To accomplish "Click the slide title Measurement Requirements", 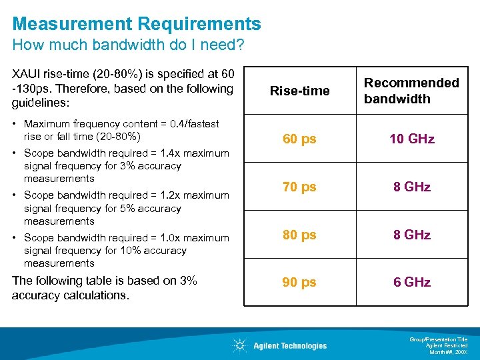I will [137, 24].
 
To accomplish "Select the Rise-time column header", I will [299, 91].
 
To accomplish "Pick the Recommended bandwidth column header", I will [411, 91].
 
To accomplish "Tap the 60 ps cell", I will [299, 139].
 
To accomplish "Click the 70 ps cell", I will [299, 187].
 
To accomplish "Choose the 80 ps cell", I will [299, 235].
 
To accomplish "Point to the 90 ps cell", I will [299, 282].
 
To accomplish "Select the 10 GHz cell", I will [412, 139].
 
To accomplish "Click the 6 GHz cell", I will [412, 282].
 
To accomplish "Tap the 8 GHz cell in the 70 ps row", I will [412, 187].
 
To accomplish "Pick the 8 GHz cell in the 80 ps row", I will [412, 235].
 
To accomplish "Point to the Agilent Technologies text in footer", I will [290, 346].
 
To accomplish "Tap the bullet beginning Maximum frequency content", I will [120, 131].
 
